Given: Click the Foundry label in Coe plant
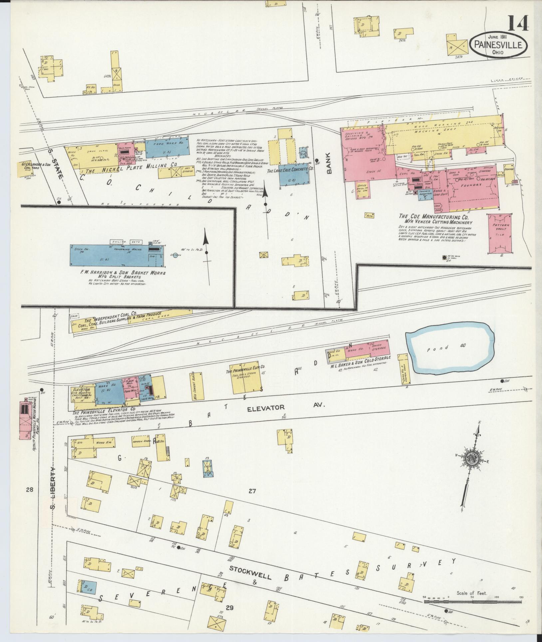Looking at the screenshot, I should (x=471, y=185).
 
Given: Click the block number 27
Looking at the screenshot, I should (x=252, y=490).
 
